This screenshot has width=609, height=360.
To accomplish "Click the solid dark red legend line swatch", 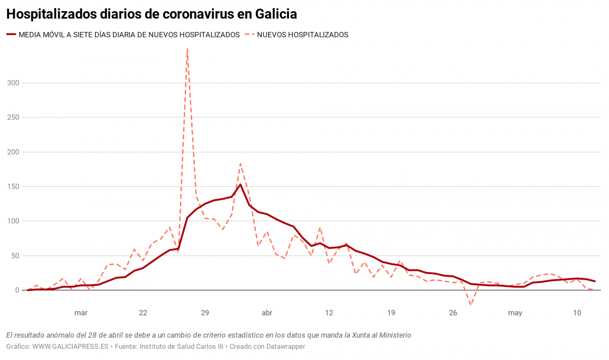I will (x=11, y=35).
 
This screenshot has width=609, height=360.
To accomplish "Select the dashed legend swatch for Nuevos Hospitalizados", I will (x=249, y=35).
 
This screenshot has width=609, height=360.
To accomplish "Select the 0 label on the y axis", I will (x=16, y=290).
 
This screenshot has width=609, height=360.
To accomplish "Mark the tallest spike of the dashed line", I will (x=187, y=50).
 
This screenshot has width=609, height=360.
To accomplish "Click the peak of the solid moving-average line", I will (x=241, y=184).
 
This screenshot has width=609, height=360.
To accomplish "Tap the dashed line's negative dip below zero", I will (x=471, y=305).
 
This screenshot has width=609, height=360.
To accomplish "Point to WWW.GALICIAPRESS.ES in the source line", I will (x=71, y=347).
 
